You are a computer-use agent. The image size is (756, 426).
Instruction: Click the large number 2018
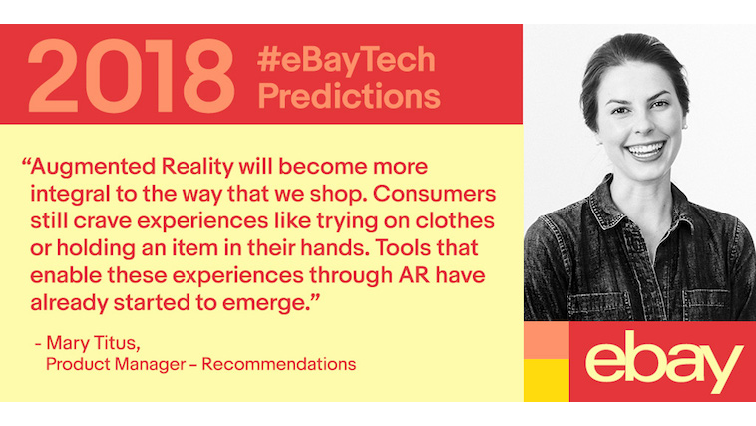(132, 76)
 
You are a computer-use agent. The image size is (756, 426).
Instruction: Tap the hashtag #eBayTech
(346, 59)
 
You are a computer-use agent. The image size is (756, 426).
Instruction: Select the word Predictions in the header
(349, 96)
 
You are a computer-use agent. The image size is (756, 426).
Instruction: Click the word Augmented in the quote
(93, 168)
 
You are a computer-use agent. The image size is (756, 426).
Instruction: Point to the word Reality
(197, 168)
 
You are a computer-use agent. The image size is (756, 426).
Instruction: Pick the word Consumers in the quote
(435, 194)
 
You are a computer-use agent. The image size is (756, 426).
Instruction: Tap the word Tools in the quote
(403, 248)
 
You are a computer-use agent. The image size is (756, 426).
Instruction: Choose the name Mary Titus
(93, 343)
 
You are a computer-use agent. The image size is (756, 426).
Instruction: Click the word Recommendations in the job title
(279, 364)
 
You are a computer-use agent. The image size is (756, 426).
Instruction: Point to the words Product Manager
(116, 364)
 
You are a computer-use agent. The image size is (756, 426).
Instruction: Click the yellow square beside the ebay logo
(547, 381)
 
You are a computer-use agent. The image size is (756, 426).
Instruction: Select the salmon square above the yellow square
(547, 340)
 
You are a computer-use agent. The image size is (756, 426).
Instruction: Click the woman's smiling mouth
(645, 150)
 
